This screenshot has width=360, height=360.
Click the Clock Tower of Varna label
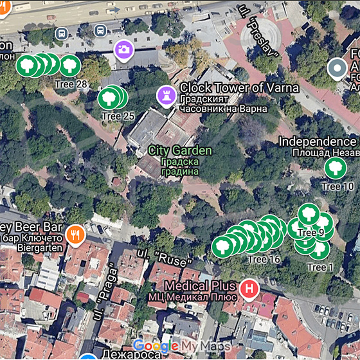[239, 87]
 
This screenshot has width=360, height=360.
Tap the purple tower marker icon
[166, 96]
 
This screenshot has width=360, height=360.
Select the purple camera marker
[123, 49]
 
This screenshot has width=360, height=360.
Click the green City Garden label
[179, 150]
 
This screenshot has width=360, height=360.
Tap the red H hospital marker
[249, 290]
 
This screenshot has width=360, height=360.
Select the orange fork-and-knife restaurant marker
[76, 235]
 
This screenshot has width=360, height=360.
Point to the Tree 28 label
[71, 84]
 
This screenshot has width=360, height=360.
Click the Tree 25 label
[118, 116]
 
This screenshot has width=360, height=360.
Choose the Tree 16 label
[264, 259]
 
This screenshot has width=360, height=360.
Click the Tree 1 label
[321, 267]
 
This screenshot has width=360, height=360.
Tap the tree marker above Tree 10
[334, 168]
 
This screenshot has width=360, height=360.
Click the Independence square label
[318, 141]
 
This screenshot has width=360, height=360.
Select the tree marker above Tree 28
[70, 66]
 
